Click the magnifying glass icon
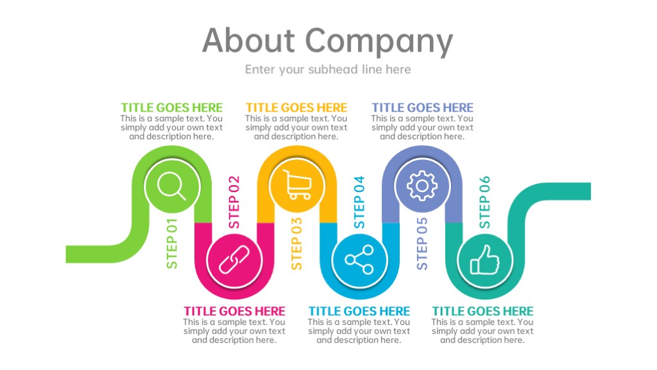pyautogui.click(x=171, y=186)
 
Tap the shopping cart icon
pyautogui.click(x=297, y=184)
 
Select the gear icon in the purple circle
pyautogui.click(x=422, y=186)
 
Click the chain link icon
pyautogui.click(x=234, y=260)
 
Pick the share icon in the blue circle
pyautogui.click(x=359, y=260)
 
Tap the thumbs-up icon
pyautogui.click(x=485, y=260)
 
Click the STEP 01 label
pyautogui.click(x=172, y=243)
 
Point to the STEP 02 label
pyautogui.click(x=234, y=202)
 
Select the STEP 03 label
pyautogui.click(x=296, y=243)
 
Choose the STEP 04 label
pyautogui.click(x=359, y=202)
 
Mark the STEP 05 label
pyautogui.click(x=422, y=243)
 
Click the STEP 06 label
pyautogui.click(x=484, y=202)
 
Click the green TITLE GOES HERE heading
pyautogui.click(x=172, y=108)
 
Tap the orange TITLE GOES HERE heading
pyautogui.click(x=296, y=108)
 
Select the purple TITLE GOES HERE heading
pyautogui.click(x=422, y=108)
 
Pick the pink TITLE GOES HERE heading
pyautogui.click(x=234, y=312)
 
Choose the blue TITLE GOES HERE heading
pyautogui.click(x=359, y=312)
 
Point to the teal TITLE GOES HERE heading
pyautogui.click(x=482, y=312)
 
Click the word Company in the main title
pyautogui.click(x=379, y=42)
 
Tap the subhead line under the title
pyautogui.click(x=328, y=69)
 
